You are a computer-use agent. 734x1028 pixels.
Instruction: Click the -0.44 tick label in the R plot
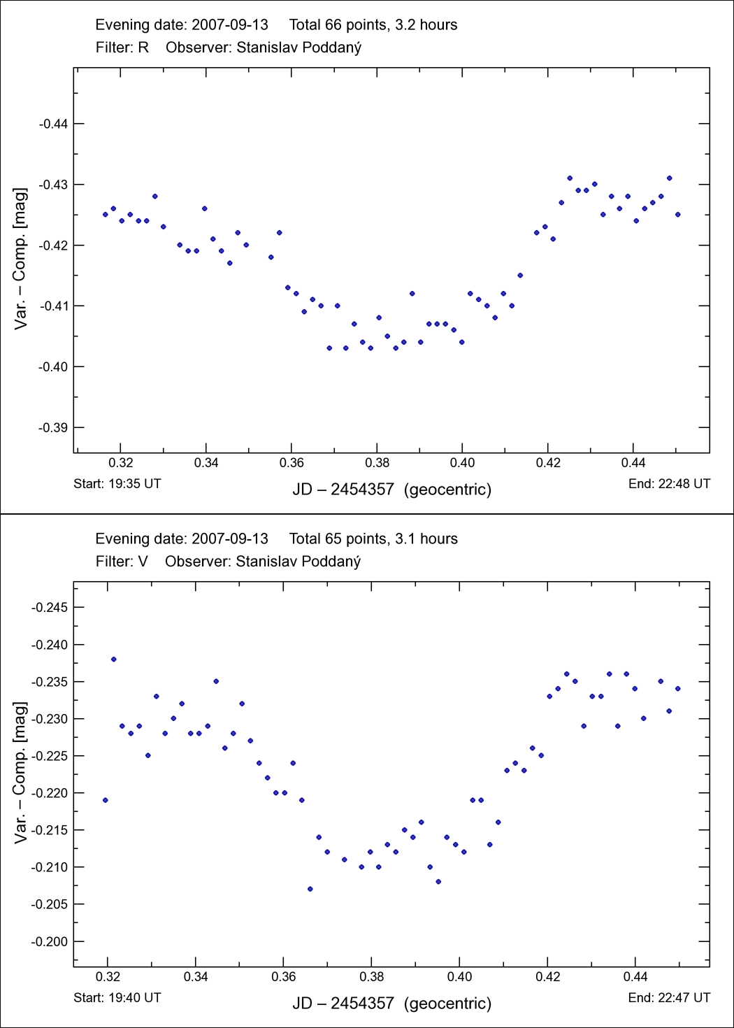[x=52, y=124]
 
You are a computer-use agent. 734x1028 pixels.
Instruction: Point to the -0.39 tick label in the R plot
[x=52, y=427]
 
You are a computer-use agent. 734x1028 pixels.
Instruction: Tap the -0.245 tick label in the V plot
[x=49, y=607]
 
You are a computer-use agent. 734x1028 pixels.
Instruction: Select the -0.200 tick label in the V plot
[x=49, y=941]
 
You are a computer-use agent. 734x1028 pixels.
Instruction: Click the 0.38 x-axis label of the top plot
[x=377, y=462]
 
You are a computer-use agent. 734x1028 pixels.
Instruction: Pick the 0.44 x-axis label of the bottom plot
[x=635, y=976]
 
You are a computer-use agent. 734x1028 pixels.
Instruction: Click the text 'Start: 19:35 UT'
[x=117, y=483]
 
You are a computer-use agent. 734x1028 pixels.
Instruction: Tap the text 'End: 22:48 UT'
[x=669, y=483]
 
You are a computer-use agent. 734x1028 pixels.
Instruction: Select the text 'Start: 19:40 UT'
[x=117, y=997]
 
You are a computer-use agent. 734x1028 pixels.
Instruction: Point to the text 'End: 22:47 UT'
[x=669, y=997]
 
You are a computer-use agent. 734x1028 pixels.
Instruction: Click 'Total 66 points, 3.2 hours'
[x=373, y=25]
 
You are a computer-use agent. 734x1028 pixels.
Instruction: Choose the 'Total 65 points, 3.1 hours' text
[x=373, y=539]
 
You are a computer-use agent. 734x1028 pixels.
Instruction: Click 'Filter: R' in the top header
[x=122, y=48]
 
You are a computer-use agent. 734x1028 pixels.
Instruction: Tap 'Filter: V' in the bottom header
[x=122, y=562]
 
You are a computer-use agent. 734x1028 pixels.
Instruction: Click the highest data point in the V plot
[x=114, y=659]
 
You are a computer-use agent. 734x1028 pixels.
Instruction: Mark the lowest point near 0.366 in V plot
[x=310, y=889]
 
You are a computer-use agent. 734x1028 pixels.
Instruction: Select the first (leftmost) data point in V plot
[x=106, y=800]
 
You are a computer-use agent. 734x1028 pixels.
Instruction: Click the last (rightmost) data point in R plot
[x=678, y=215]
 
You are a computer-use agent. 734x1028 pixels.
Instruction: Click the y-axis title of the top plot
[x=20, y=258]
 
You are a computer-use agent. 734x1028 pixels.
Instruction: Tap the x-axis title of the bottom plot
[x=391, y=1004]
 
